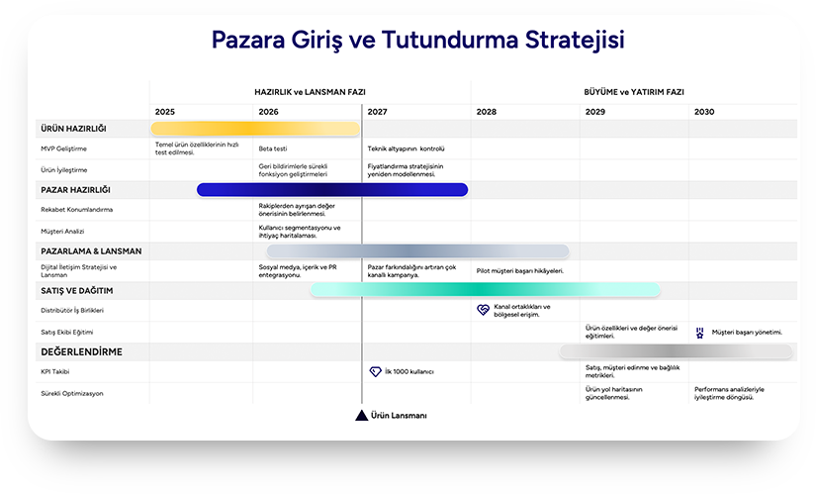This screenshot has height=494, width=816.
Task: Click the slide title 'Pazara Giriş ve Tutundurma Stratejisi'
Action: (417, 41)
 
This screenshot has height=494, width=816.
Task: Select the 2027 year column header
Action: (377, 112)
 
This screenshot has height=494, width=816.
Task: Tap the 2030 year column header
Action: (704, 112)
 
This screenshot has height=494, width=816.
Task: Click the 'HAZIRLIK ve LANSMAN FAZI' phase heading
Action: (310, 92)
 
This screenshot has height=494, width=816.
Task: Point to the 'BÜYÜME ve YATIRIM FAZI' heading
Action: (634, 92)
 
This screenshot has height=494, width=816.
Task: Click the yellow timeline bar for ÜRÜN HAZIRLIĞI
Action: (255, 129)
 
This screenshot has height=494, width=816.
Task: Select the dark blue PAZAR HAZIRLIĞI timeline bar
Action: (332, 189)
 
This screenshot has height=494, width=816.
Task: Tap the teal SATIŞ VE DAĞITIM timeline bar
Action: (485, 289)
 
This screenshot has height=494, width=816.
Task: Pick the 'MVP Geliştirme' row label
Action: (64, 148)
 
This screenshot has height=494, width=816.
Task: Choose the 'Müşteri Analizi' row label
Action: (63, 230)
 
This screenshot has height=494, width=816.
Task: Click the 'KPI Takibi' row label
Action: (55, 371)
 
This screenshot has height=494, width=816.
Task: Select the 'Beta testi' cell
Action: (273, 148)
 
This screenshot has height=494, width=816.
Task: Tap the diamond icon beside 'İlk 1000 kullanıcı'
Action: (375, 371)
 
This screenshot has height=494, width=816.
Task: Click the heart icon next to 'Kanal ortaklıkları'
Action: (483, 310)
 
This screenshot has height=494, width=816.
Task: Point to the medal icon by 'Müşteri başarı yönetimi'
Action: (700, 333)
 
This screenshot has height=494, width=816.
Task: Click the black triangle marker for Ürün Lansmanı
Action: (362, 416)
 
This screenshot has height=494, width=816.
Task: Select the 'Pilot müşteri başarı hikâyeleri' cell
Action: (520, 270)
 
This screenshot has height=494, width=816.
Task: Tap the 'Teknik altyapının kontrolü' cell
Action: (406, 148)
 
